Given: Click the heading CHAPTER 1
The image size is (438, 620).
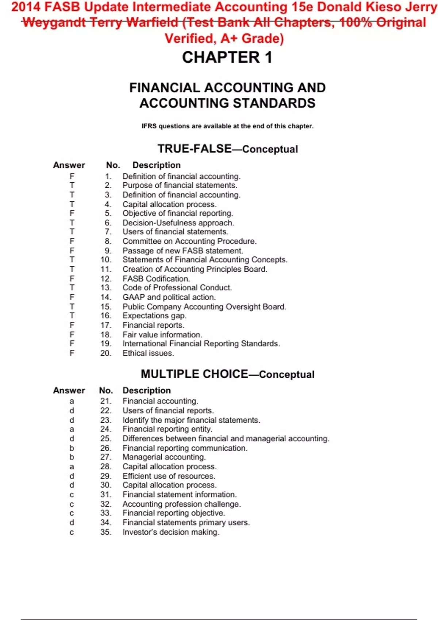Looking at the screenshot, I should (x=227, y=57).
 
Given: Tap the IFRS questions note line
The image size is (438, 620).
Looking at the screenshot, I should (x=227, y=126).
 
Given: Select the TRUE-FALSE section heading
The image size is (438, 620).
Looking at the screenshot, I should (x=227, y=149).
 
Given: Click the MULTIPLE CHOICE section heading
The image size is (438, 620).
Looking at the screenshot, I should (x=227, y=374).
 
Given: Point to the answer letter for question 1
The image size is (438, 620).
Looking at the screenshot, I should (x=72, y=177).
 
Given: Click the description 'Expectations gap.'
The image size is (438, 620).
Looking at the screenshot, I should (x=154, y=316).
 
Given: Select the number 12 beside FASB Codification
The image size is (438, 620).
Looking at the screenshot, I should (x=106, y=279).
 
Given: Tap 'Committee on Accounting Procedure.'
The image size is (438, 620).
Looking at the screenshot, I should (x=189, y=241).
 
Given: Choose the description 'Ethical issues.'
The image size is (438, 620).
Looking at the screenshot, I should (x=148, y=353).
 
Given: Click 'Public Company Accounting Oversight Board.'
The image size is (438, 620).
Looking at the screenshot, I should (x=204, y=307).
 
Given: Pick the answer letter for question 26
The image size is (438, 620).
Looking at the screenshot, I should (x=72, y=448).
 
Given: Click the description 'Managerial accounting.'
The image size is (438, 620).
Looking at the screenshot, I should (x=164, y=457).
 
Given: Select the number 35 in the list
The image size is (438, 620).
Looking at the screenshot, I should (x=106, y=532).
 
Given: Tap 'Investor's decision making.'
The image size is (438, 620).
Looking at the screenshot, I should (x=170, y=532).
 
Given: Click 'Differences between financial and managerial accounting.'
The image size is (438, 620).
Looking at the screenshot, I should (x=226, y=439).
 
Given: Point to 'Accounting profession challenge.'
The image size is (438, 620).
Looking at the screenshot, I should (x=181, y=504).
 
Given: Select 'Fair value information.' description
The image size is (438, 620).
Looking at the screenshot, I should (x=162, y=334).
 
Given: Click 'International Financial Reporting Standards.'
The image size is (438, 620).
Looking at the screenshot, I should (x=201, y=344).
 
